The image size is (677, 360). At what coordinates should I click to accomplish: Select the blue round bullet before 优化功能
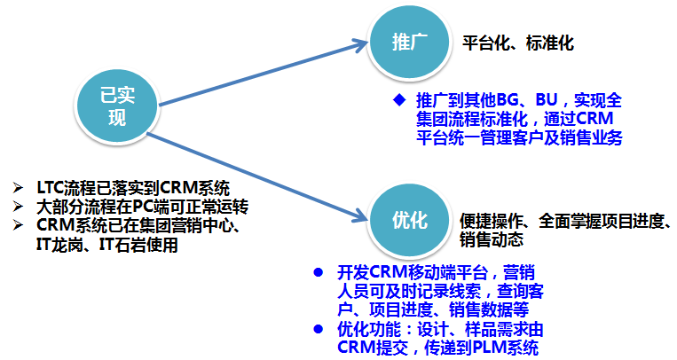(x=319, y=328)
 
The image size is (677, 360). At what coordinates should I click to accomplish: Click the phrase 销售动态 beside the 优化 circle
(x=490, y=239)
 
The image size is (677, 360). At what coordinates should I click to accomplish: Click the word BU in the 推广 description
(x=555, y=98)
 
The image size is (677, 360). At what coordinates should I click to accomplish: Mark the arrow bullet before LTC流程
(x=20, y=187)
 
